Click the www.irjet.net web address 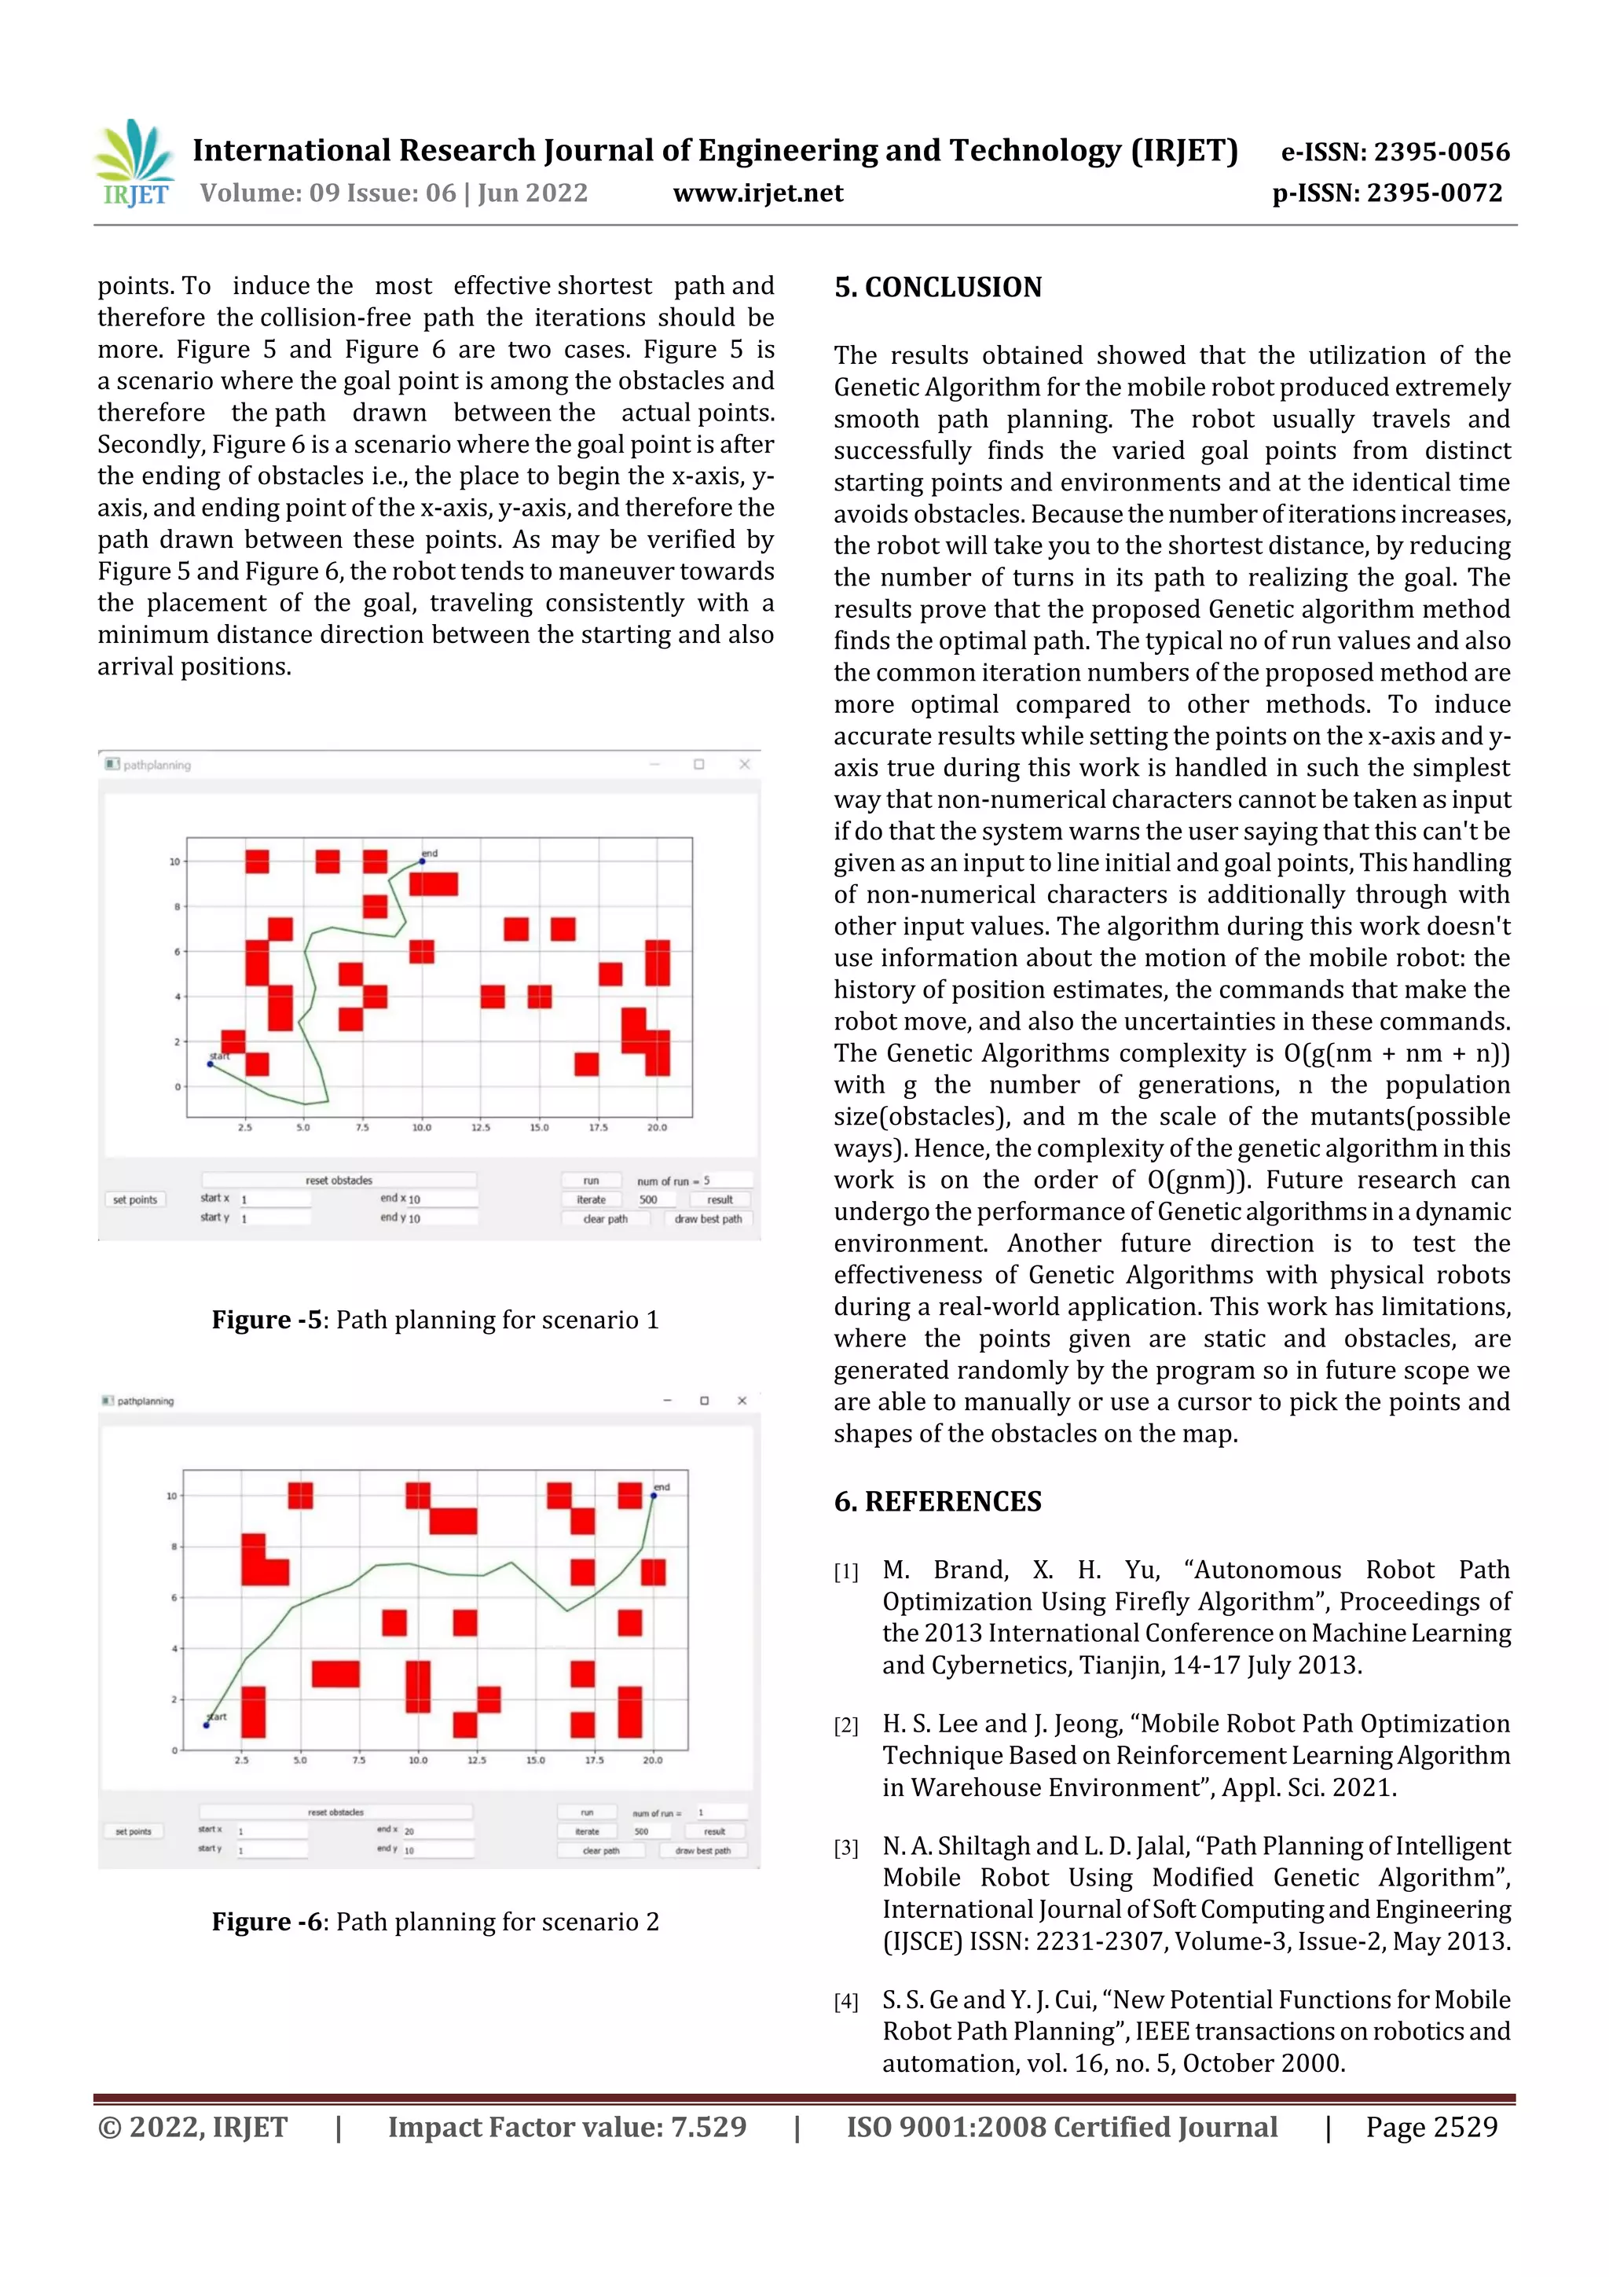coord(757,193)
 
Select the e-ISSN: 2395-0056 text coord(1395,152)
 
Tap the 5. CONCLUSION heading coord(938,288)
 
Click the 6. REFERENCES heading coord(938,1501)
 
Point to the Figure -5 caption coord(434,1320)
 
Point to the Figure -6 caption coord(434,1922)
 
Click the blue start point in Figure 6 coord(206,1725)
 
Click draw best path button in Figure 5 coord(708,1219)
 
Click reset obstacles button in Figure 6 coord(335,1812)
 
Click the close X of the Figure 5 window coord(745,765)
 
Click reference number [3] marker coord(845,1848)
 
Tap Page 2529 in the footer coord(1431,2127)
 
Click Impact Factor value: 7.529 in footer coord(566,2127)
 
